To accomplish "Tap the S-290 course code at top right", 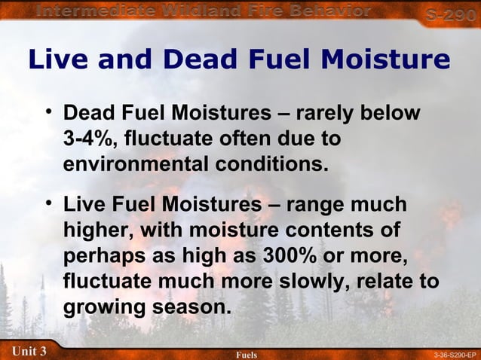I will coord(450,14).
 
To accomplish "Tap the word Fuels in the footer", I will coord(247,354).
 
